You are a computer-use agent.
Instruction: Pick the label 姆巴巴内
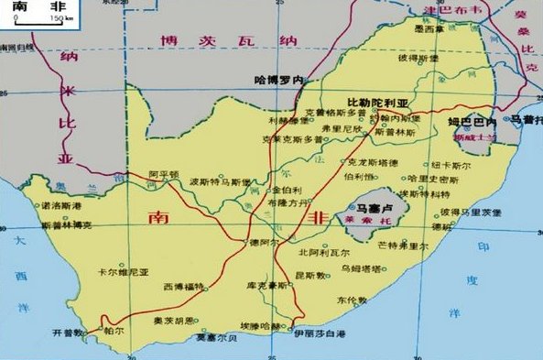click(x=471, y=122)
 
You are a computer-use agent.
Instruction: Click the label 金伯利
click(x=288, y=189)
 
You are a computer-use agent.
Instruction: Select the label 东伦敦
click(x=351, y=300)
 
